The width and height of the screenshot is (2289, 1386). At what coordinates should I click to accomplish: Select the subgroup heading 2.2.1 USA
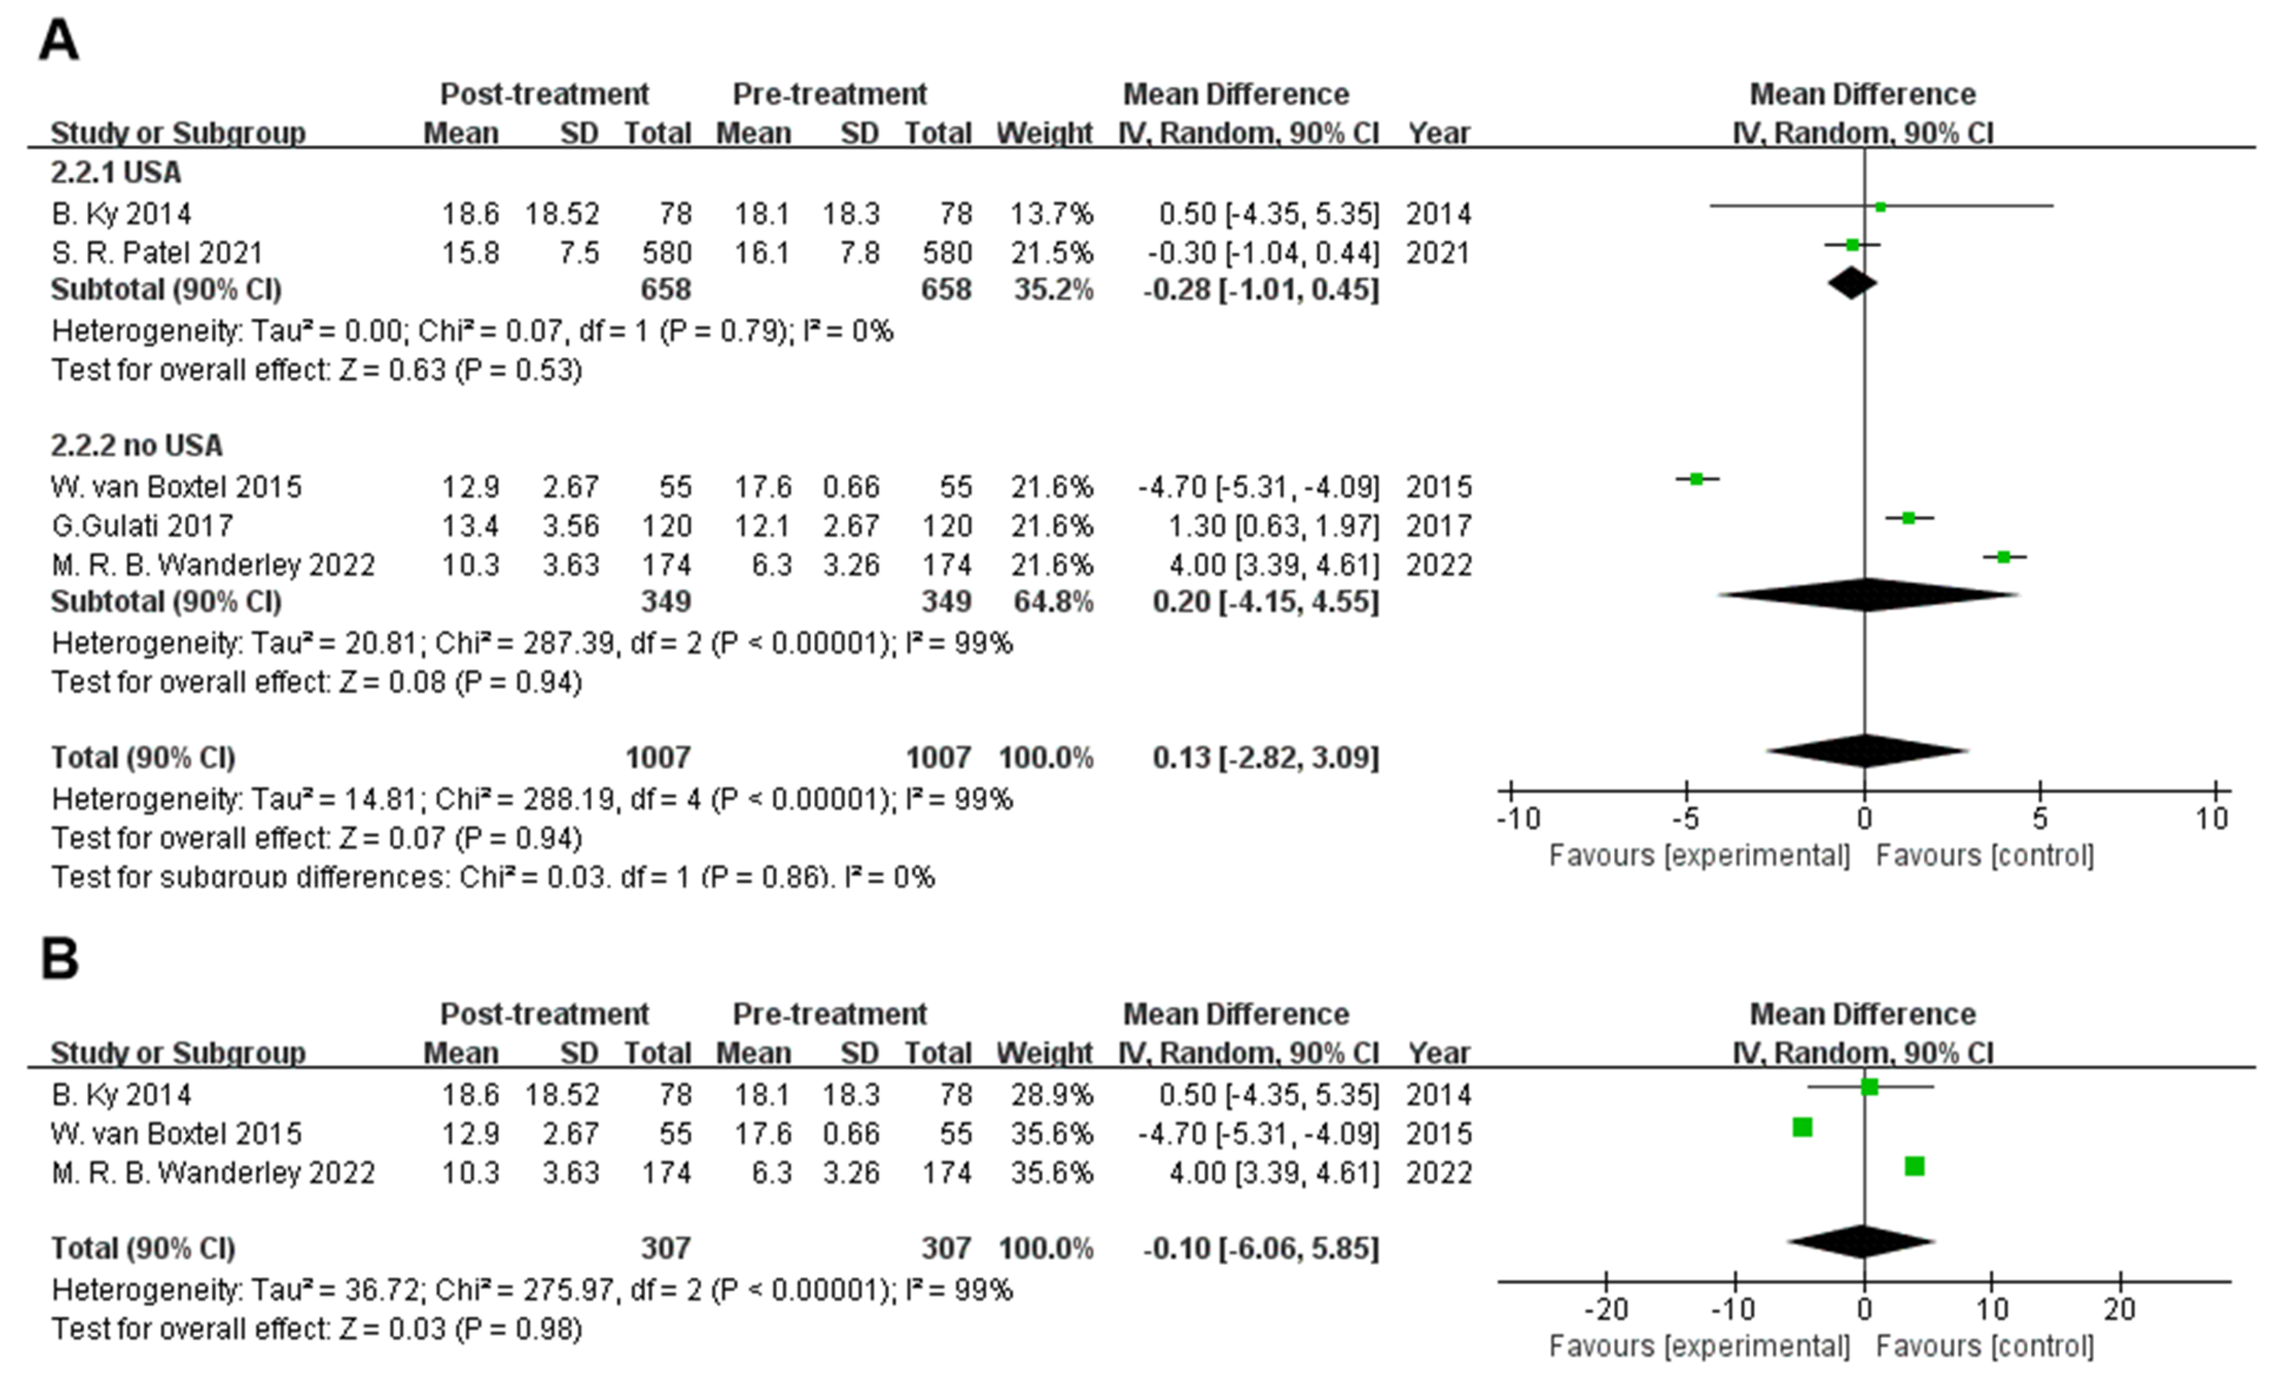[116, 173]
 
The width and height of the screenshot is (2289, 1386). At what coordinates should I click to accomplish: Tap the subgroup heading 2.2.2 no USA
[136, 445]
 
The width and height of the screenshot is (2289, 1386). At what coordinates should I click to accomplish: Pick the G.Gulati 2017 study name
[142, 526]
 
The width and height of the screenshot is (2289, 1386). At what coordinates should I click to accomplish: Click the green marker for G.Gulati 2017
[1908, 517]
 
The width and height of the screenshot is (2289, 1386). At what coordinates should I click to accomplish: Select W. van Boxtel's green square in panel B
[1802, 1127]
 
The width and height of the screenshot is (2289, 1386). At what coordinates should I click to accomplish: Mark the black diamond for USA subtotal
[1851, 284]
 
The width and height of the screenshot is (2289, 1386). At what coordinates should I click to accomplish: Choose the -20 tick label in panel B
[1606, 1309]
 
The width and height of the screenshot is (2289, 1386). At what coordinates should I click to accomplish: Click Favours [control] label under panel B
[1984, 1346]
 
